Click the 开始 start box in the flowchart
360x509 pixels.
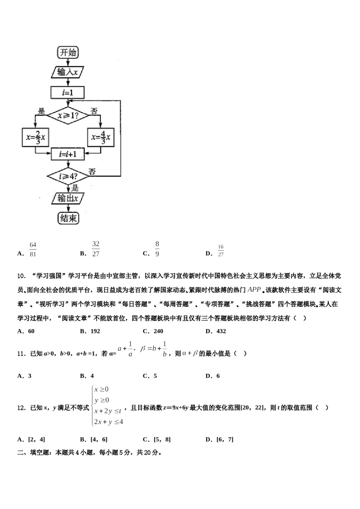click(x=68, y=52)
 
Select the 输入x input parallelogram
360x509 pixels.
click(x=67, y=72)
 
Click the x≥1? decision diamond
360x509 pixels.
click(x=68, y=115)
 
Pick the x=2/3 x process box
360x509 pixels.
click(x=35, y=137)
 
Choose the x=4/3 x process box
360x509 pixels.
click(x=100, y=137)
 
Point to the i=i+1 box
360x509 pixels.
click(x=68, y=154)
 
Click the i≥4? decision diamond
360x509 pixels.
click(x=68, y=176)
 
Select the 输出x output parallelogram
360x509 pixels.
click(x=67, y=198)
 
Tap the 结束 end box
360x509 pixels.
click(x=69, y=218)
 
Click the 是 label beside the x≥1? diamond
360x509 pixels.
click(x=41, y=111)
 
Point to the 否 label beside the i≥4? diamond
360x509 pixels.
click(x=92, y=172)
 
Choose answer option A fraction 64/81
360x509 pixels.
click(x=33, y=250)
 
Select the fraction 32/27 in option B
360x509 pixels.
click(x=95, y=249)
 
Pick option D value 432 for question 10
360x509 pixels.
click(x=221, y=331)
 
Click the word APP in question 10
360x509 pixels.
click(x=254, y=290)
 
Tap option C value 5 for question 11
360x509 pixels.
click(x=155, y=376)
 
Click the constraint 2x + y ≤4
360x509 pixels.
click(x=108, y=422)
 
